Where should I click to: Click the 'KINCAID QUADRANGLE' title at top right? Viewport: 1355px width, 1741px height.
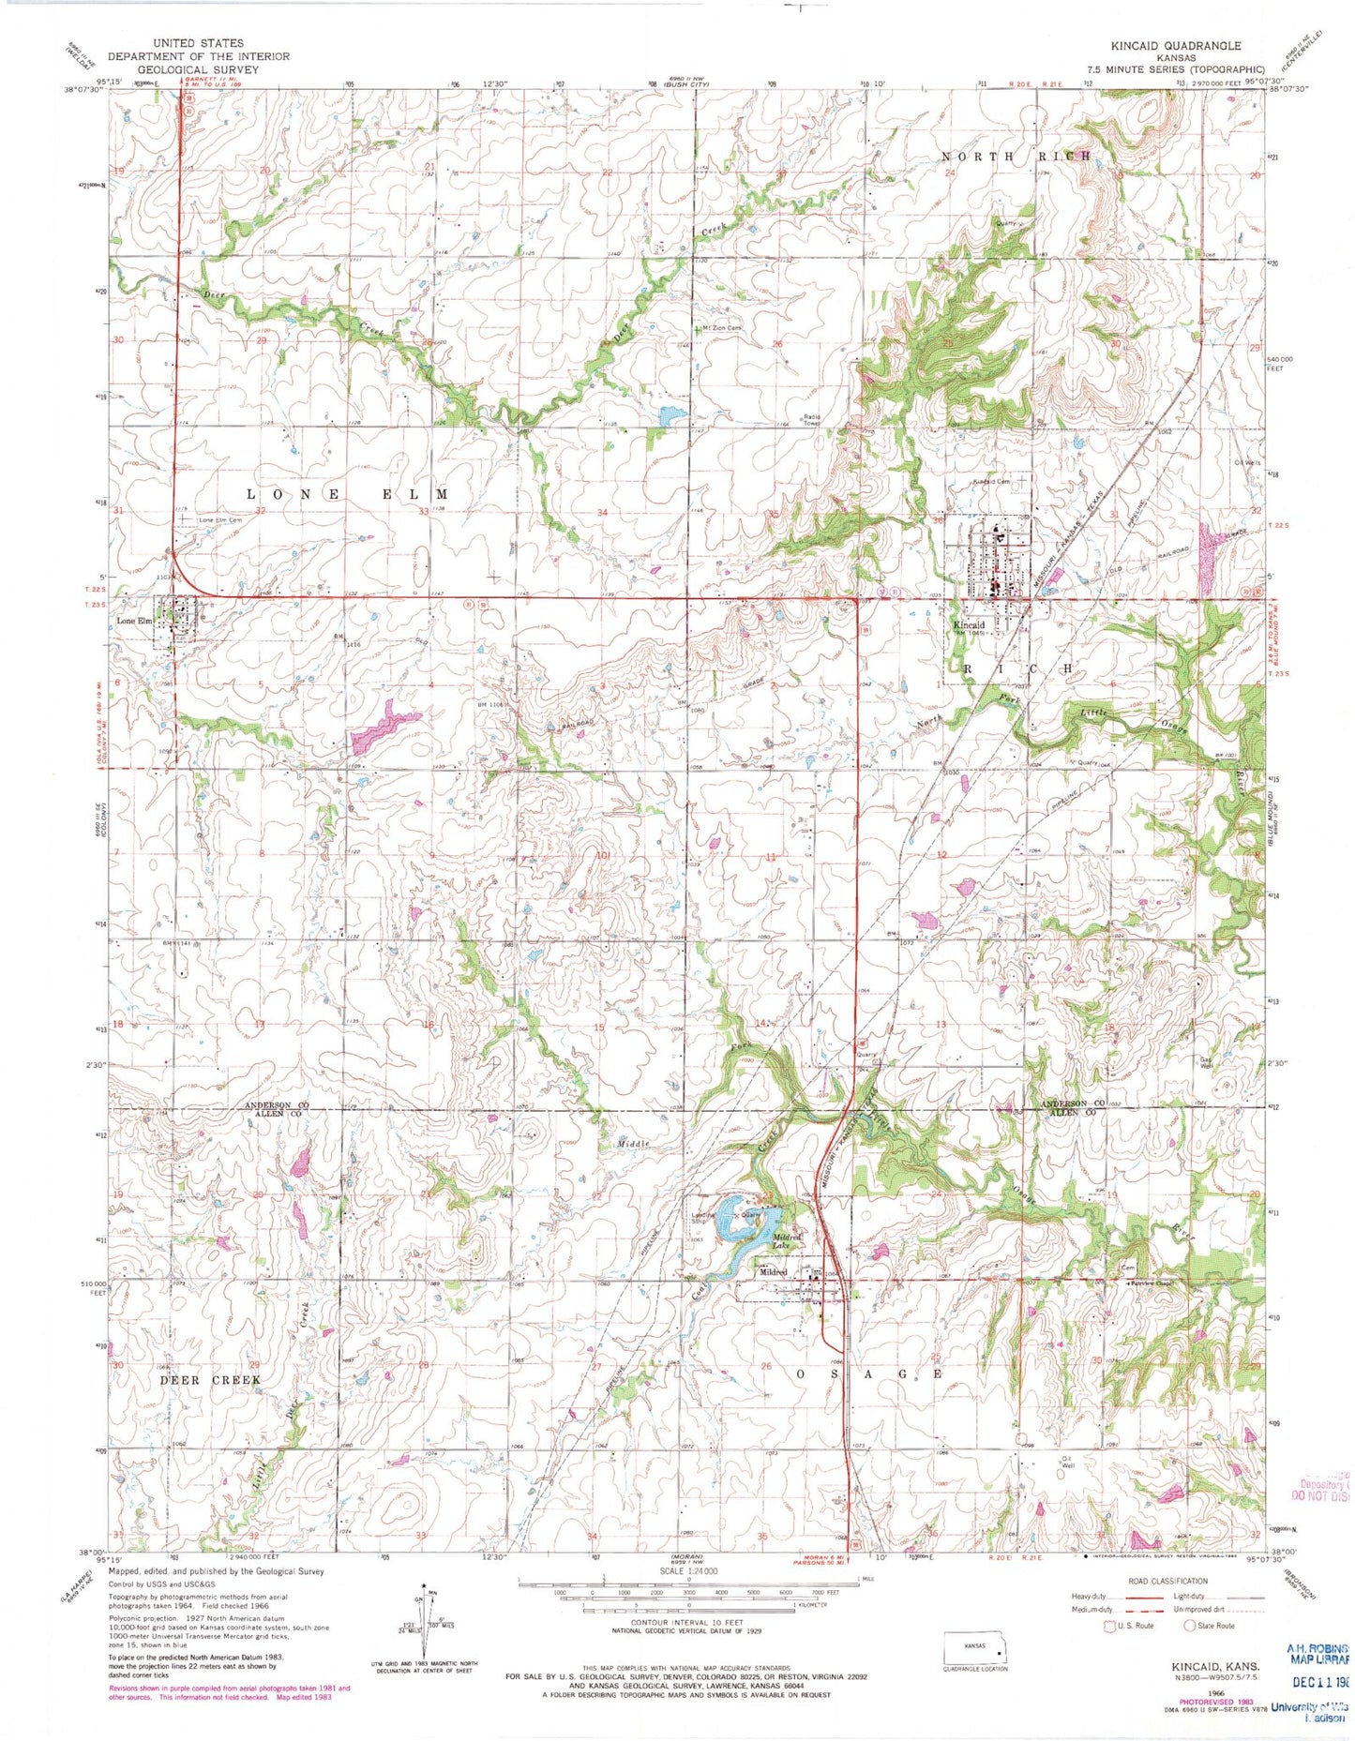1188,45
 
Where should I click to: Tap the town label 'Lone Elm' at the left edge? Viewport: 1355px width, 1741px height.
133,621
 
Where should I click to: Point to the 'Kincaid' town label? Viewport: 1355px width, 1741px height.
969,624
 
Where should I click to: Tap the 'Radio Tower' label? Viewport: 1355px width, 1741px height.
811,420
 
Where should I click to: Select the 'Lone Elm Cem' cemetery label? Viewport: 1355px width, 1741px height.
219,519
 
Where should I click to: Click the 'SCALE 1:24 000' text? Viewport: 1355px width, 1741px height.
688,1571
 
